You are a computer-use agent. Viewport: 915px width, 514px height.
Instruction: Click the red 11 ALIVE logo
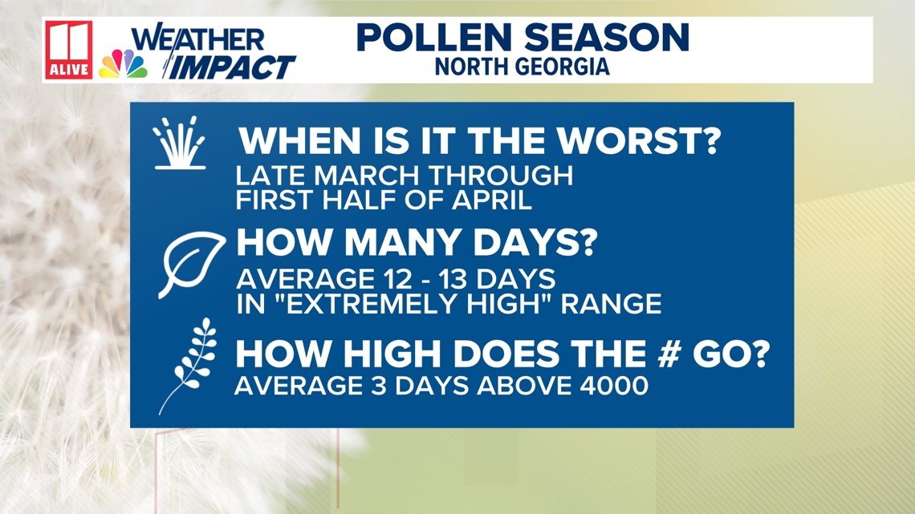[69, 50]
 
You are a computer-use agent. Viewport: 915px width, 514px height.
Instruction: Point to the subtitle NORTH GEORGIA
[522, 67]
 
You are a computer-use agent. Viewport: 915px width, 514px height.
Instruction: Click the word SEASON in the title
[618, 38]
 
